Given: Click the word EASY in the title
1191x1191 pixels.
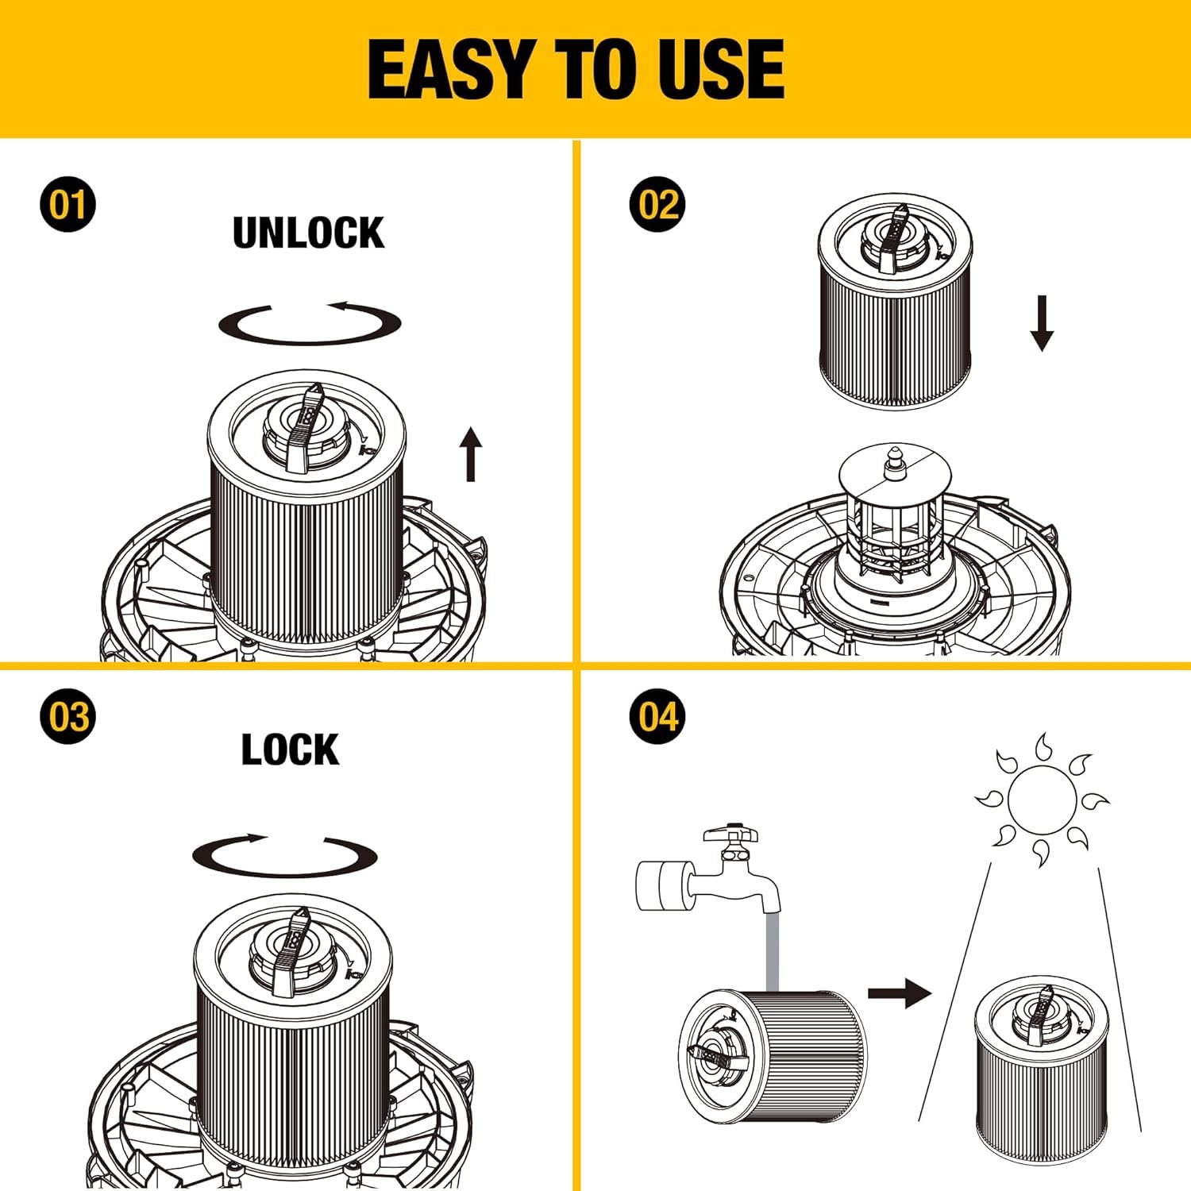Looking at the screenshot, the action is coord(449,69).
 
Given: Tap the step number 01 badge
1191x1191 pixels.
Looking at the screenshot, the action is coord(67,204).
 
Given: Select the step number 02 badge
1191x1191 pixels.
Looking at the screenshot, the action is coord(657,204).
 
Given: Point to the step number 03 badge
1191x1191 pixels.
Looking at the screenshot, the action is coord(67,716).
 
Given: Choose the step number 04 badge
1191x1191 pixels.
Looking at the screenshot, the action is coord(657,716).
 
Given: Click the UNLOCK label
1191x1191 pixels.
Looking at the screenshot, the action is coord(309,233).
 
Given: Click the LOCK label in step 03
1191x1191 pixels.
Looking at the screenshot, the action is coord(290,750).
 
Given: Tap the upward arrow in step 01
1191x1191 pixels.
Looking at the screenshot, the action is coord(472,454).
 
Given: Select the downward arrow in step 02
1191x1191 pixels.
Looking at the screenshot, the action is coord(1042,323).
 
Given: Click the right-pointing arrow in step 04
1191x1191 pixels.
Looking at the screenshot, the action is coord(900,992).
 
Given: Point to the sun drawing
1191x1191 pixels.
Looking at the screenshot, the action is coord(1042,800).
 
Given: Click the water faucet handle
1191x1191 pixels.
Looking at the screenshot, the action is coord(730,833).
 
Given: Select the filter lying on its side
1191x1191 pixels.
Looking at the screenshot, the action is coord(773,1056).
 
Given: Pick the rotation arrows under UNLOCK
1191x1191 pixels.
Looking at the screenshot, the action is coord(310,322).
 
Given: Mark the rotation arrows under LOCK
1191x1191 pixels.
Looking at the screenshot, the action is coord(284,855).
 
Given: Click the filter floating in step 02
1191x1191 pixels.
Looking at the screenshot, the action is coord(896,301).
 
